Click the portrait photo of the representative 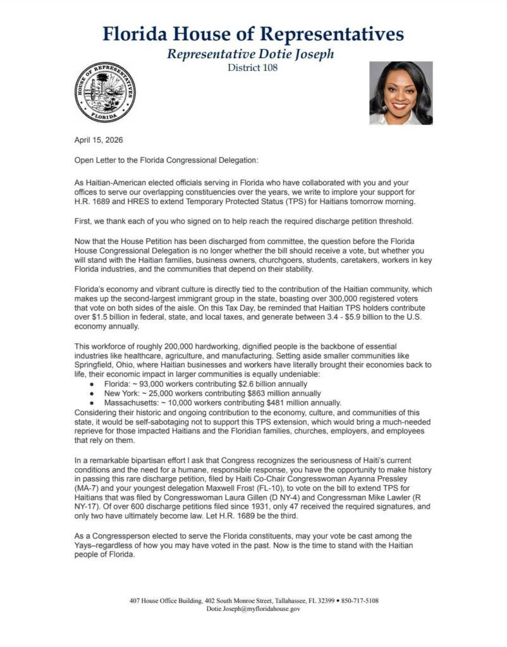(x=401, y=92)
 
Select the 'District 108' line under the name (x=252, y=68)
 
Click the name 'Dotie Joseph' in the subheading (x=295, y=54)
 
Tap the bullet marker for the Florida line (x=93, y=384)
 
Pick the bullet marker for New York (x=93, y=394)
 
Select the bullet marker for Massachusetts (x=93, y=403)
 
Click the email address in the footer (x=253, y=609)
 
